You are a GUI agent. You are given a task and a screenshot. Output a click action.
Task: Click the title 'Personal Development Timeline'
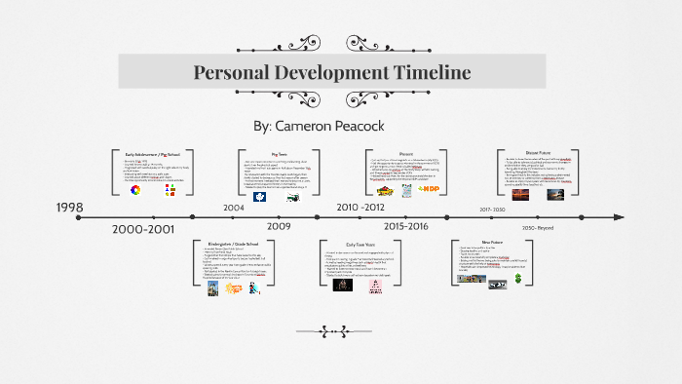click(x=332, y=73)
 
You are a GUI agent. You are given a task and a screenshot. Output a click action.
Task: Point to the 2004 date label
click(x=234, y=208)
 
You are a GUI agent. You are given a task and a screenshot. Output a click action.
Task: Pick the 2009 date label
click(x=280, y=226)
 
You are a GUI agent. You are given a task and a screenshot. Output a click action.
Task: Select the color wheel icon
click(x=135, y=191)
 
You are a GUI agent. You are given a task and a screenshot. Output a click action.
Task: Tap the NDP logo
click(x=428, y=189)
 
